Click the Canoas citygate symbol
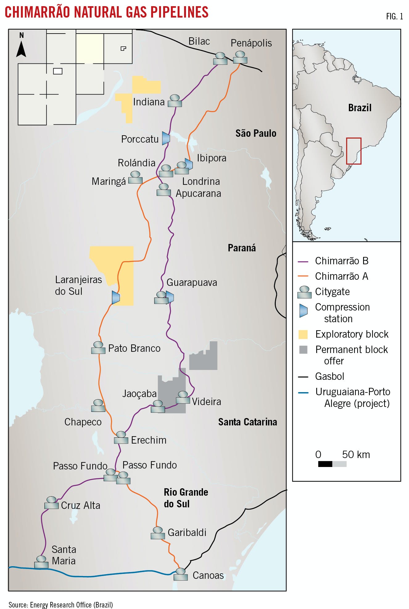click(x=180, y=574)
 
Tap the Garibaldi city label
click(x=187, y=532)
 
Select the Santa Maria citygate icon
click(x=41, y=562)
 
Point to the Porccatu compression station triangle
click(x=166, y=138)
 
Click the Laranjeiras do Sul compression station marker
click(x=116, y=297)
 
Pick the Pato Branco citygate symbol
click(x=98, y=348)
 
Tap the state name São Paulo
click(x=256, y=133)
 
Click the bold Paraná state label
click(x=242, y=248)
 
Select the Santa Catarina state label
click(x=247, y=422)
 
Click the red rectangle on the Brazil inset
click(x=353, y=151)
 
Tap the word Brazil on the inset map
click(x=360, y=108)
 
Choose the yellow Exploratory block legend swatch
click(x=303, y=334)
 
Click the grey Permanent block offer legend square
click(x=304, y=350)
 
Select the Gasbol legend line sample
click(x=303, y=377)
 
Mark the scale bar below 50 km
click(x=332, y=464)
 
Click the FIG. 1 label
click(x=395, y=16)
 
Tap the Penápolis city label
click(x=251, y=43)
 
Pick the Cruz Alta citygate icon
click(x=52, y=503)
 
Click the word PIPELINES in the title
click(x=179, y=12)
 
